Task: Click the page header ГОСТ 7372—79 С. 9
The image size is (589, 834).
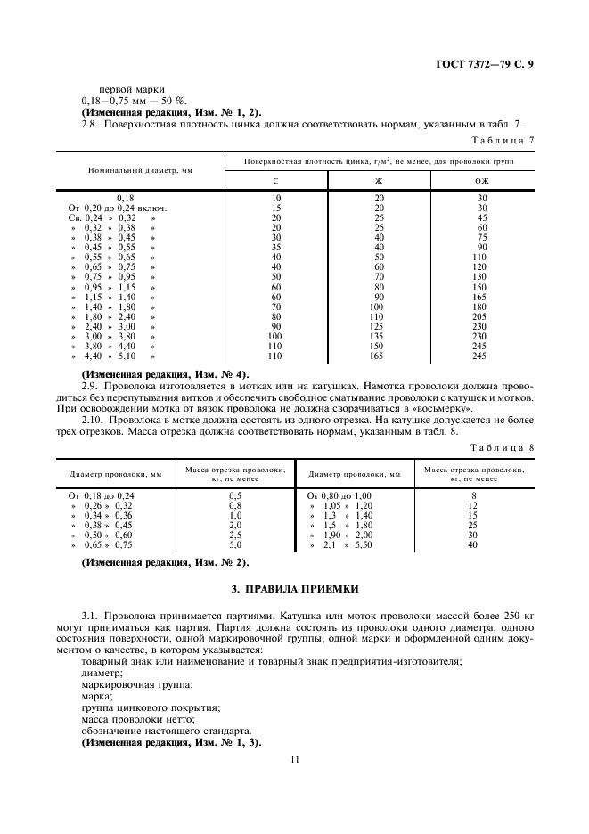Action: point(490,63)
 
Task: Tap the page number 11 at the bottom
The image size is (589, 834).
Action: point(294,759)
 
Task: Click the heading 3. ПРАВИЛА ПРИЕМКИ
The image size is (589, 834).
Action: point(294,589)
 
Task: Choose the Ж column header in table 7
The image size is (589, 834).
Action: point(379,181)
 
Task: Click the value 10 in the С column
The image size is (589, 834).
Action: point(276,198)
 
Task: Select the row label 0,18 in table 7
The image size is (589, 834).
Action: point(125,198)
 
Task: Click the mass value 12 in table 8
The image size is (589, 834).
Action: point(474,505)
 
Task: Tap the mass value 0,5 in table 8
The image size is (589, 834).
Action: point(235,495)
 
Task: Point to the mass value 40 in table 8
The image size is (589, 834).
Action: point(474,544)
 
